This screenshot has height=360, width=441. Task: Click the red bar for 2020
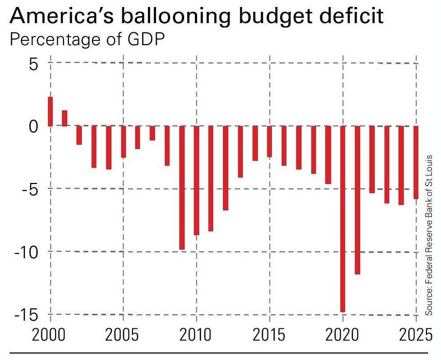click(x=342, y=218)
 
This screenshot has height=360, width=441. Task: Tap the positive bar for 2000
click(x=50, y=111)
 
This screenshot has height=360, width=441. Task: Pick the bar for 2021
click(x=357, y=200)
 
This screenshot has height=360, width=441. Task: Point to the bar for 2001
click(x=65, y=118)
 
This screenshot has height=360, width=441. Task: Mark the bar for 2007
click(x=152, y=133)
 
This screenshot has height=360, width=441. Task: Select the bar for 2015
click(x=269, y=142)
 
